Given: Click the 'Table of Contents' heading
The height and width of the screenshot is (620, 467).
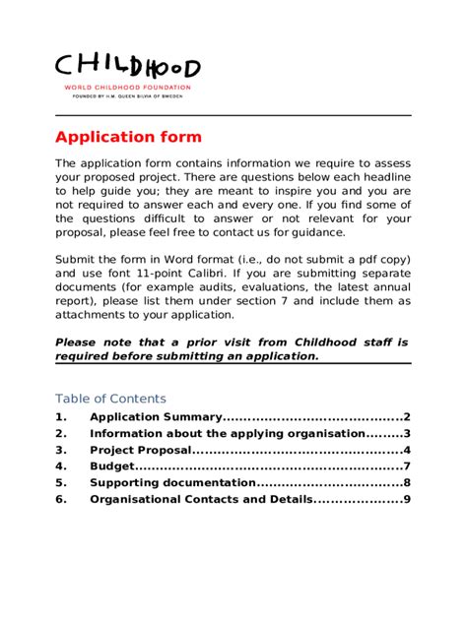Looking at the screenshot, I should pos(110,399).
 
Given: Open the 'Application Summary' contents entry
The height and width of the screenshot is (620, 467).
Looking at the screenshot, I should pos(157,417).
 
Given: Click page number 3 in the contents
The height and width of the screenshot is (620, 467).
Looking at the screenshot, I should pos(406,434).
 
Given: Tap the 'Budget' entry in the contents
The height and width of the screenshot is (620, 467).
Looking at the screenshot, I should pos(110,466).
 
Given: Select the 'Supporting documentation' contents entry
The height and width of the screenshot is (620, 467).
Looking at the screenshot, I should pos(172,483).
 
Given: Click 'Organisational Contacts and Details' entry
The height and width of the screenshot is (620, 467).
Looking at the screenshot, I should pos(201,500).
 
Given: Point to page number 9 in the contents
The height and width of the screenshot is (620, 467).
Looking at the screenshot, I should pos(406,500).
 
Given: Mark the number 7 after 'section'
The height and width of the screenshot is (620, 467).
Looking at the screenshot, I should pos(272,300).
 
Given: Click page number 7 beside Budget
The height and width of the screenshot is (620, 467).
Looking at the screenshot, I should pos(406,466).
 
